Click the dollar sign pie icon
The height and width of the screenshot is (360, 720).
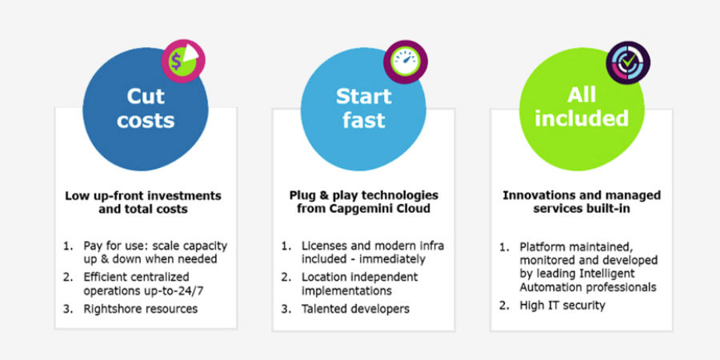[184, 62]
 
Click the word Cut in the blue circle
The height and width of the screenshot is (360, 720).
[146, 96]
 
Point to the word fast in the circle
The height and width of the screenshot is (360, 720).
[364, 120]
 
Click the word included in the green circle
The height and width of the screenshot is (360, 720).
[582, 118]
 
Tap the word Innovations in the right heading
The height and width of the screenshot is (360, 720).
[538, 194]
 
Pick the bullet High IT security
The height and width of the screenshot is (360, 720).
[563, 305]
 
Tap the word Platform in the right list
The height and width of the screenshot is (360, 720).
[544, 246]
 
